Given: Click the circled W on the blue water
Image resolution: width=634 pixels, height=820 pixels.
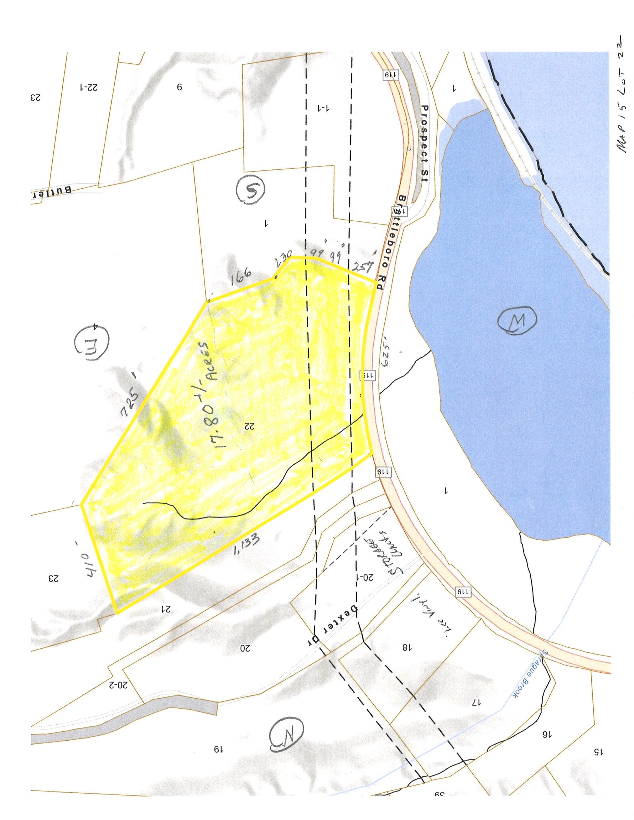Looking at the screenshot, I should pyautogui.click(x=517, y=321).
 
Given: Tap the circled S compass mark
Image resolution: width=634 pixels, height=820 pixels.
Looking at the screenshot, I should pyautogui.click(x=251, y=191).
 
